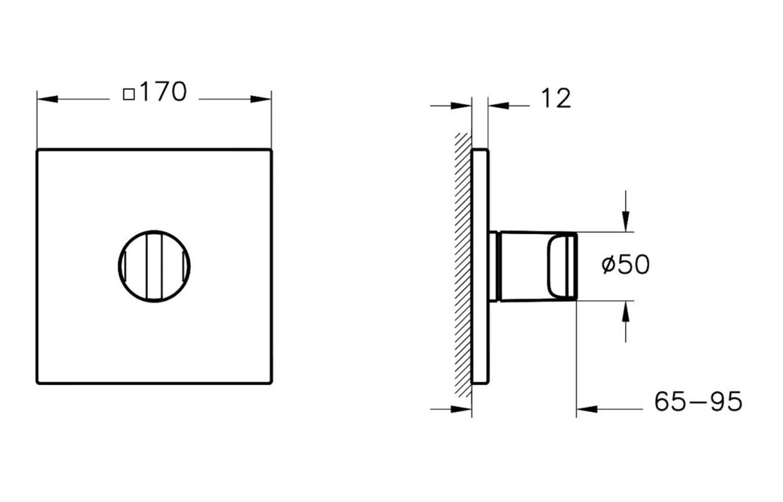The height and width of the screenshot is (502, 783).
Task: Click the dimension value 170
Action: point(163,92)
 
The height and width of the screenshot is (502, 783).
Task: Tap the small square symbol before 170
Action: point(129,94)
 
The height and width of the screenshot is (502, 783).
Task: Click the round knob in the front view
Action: point(154,265)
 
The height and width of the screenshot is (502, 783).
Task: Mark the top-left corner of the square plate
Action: point(38,150)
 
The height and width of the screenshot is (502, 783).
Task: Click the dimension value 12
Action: point(556,99)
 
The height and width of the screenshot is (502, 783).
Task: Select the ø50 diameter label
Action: point(625,265)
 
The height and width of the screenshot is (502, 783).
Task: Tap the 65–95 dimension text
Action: point(698,402)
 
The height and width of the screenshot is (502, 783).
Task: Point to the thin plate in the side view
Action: point(479,265)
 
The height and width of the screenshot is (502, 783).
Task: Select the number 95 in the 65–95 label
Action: point(727,402)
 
